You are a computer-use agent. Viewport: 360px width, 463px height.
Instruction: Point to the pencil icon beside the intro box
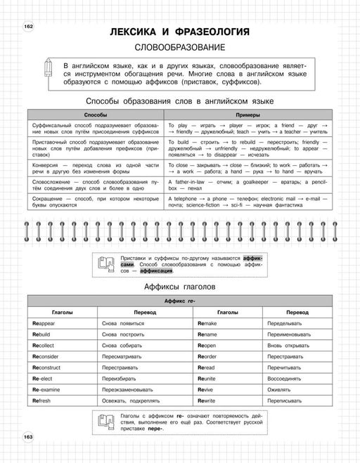(x=47, y=70)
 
